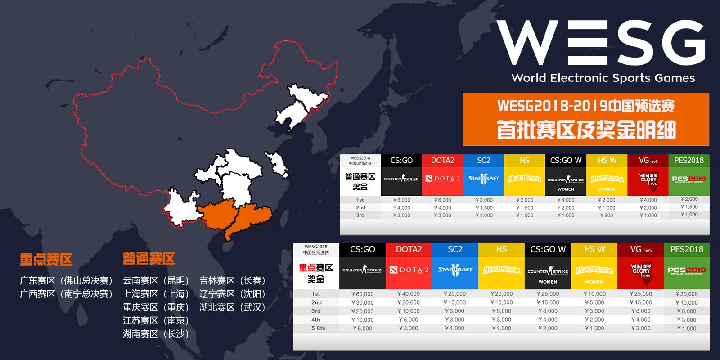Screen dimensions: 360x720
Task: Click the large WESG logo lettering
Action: (x=601, y=43)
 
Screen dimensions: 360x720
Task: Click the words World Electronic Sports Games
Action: (x=603, y=78)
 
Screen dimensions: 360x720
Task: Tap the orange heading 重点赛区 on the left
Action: (x=46, y=259)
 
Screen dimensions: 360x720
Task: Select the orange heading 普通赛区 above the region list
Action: (x=148, y=259)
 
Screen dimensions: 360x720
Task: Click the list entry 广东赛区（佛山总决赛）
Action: (x=66, y=281)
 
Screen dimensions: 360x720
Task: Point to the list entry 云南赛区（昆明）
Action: (x=156, y=281)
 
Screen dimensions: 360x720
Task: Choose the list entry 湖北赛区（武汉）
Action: (x=233, y=307)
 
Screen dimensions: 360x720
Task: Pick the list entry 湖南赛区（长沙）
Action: (x=156, y=334)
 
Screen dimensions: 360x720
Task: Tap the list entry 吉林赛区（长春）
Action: (x=233, y=281)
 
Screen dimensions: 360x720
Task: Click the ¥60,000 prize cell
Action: (x=362, y=294)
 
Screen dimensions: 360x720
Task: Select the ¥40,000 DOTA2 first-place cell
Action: (x=409, y=294)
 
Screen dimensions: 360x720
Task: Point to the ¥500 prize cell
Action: (x=606, y=216)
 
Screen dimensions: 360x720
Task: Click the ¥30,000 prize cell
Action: (x=362, y=302)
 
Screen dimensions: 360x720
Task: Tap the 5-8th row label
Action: (x=316, y=328)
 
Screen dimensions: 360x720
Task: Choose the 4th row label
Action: (x=316, y=320)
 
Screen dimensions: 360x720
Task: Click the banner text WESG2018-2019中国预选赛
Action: (x=586, y=107)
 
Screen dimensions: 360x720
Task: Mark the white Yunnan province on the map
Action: (x=182, y=209)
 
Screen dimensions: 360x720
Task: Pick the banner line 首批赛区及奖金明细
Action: (x=586, y=130)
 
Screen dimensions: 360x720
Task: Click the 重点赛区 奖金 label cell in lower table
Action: (x=316, y=273)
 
